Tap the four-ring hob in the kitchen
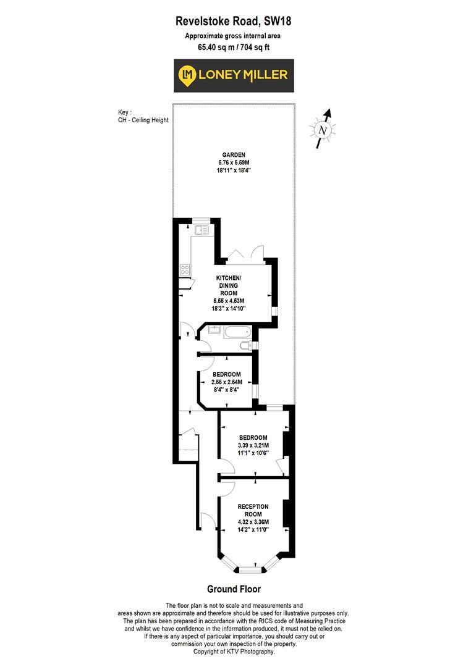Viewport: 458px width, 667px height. click(185, 269)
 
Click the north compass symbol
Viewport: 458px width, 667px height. click(322, 130)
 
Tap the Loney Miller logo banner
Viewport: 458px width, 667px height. click(234, 75)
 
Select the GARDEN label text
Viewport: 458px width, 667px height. click(234, 154)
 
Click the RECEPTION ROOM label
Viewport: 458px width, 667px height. click(253, 510)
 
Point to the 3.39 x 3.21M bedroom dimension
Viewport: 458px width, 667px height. click(253, 445)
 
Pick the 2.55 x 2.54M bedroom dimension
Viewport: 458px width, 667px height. click(227, 382)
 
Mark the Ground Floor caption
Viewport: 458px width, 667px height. click(234, 589)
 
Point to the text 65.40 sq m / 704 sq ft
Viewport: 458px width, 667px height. click(234, 46)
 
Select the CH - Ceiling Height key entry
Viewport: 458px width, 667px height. click(143, 120)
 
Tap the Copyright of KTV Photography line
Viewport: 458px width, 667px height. click(234, 652)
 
